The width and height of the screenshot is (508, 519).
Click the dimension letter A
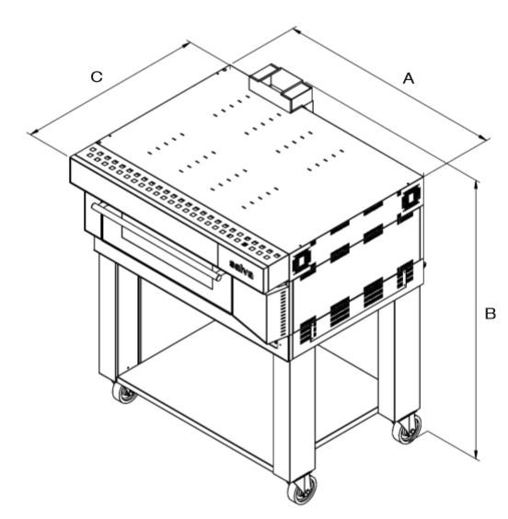click(x=409, y=79)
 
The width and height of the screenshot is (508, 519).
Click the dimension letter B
click(x=491, y=313)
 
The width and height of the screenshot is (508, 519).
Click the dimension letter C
click(x=97, y=76)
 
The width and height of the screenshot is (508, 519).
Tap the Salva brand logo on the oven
click(x=242, y=269)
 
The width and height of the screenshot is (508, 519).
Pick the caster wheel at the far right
click(x=408, y=429)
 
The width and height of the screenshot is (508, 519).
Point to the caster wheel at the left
click(x=124, y=393)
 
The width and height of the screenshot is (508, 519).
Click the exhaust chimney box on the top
click(x=281, y=87)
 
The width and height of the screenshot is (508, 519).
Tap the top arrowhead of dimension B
click(x=477, y=185)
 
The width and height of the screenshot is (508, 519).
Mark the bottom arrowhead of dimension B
click(x=477, y=455)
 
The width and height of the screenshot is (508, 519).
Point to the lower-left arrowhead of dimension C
click(x=33, y=133)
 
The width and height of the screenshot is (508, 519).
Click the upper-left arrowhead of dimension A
click(x=298, y=31)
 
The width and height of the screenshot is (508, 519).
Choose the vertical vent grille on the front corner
click(x=283, y=313)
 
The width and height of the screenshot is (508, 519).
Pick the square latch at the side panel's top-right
click(x=410, y=198)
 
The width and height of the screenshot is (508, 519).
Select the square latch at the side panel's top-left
click(x=301, y=262)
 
